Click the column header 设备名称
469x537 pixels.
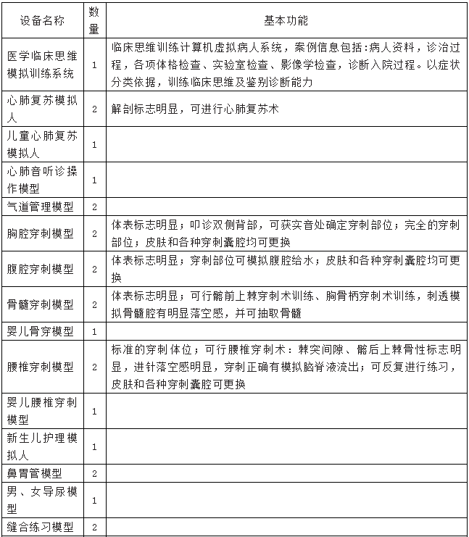click(x=41, y=20)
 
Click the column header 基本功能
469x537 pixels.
click(x=287, y=20)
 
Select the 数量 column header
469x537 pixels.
click(x=94, y=20)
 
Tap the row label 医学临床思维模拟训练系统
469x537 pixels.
click(x=41, y=64)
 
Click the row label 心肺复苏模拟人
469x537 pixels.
click(x=41, y=109)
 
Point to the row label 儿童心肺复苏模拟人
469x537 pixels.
click(x=41, y=144)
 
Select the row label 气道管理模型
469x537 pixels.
click(x=41, y=206)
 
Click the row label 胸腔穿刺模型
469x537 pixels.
click(x=41, y=233)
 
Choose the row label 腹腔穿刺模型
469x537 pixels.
click(x=41, y=268)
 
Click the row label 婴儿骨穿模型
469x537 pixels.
click(x=41, y=330)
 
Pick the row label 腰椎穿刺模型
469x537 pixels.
click(x=41, y=367)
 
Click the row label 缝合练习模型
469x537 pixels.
click(x=41, y=527)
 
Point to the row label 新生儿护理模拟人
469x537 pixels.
click(x=41, y=446)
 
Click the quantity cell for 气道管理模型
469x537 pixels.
click(x=94, y=206)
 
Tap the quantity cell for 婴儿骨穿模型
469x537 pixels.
click(x=94, y=330)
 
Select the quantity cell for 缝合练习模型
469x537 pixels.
click(x=94, y=527)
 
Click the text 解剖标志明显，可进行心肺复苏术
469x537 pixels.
click(x=195, y=109)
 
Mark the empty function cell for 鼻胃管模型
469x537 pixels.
click(x=287, y=473)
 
